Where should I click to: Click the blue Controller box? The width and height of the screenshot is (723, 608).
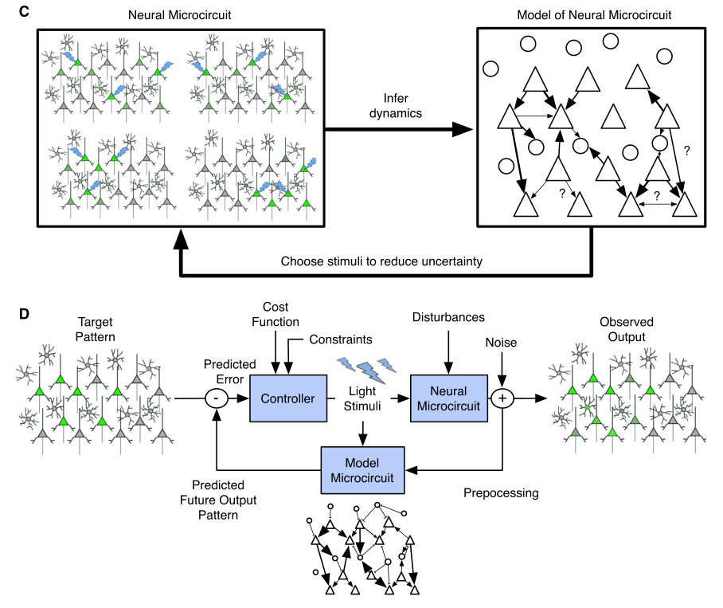click(x=288, y=398)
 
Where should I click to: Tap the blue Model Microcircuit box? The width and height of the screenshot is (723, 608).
click(x=363, y=469)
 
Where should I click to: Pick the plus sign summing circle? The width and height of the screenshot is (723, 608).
click(x=502, y=398)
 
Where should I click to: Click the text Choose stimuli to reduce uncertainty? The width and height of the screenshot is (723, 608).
click(x=383, y=261)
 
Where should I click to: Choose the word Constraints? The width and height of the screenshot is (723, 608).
click(x=339, y=340)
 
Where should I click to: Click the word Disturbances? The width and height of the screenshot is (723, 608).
click(x=448, y=317)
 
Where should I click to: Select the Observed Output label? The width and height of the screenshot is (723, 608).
click(x=627, y=328)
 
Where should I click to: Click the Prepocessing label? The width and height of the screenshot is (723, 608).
click(x=501, y=493)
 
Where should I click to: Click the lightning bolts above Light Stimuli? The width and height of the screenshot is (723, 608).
click(x=366, y=367)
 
